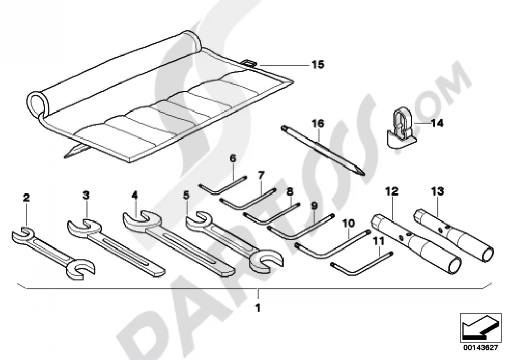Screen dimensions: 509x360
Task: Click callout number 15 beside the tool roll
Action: pos(318,64)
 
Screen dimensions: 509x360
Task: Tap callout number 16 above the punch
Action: pos(318,123)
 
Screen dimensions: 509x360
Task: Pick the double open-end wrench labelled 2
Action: pos(52,253)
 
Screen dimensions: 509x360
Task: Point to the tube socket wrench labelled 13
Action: pos(454,232)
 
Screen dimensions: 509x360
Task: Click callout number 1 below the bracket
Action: pos(258,308)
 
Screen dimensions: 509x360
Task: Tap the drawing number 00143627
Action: pos(480,348)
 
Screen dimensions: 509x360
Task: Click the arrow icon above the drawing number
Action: pos(481,327)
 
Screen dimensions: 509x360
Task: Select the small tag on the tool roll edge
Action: pos(249,63)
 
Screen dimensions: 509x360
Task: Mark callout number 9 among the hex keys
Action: pos(314,206)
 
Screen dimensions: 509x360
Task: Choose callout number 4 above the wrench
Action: pos(135,195)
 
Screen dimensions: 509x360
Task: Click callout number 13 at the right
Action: pos(438,191)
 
